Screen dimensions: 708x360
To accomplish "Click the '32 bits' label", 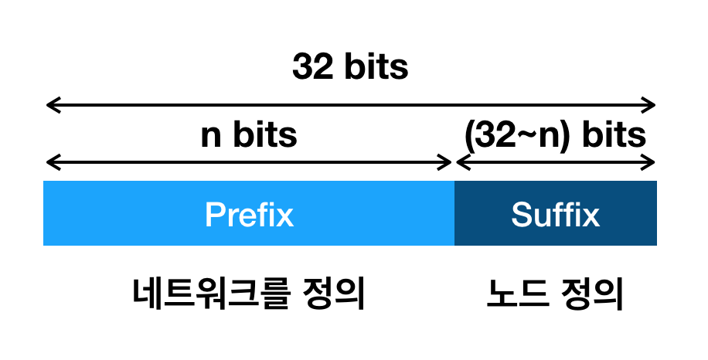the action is point(350,66).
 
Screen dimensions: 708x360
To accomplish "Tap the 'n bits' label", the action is point(249,134).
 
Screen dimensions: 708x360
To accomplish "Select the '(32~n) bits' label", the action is point(555,134).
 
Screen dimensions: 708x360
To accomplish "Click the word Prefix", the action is point(249,214).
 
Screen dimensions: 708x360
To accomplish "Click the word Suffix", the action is point(556,214).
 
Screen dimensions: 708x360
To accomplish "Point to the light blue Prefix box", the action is point(249,213).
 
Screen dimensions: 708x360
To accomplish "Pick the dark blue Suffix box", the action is point(556,213).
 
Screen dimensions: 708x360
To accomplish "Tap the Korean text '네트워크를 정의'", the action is point(249,294).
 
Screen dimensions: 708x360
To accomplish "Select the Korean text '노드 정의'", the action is point(555,294).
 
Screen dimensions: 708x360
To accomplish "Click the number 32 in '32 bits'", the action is point(312,66).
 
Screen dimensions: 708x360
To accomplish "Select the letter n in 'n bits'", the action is point(211,138).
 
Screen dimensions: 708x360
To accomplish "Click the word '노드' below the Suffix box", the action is point(516,294).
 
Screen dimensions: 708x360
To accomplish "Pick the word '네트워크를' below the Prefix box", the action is point(210,294).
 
